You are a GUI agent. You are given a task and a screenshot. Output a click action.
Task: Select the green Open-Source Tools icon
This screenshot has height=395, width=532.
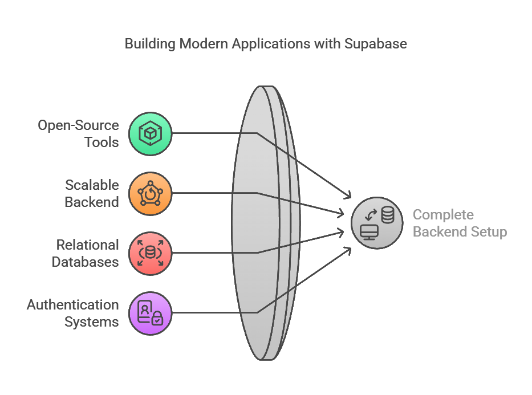151,134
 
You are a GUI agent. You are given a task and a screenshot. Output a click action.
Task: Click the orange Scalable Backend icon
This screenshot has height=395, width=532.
151,194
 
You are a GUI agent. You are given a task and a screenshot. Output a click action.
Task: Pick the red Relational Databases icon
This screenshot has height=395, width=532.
151,253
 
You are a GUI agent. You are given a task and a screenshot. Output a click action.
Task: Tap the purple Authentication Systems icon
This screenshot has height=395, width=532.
151,313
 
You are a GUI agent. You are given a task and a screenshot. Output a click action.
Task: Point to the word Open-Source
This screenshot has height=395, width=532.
79,125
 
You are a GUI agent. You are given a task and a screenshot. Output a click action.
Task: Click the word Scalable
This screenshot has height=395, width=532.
92,185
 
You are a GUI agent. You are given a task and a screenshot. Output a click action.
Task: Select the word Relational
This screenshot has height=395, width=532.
87,245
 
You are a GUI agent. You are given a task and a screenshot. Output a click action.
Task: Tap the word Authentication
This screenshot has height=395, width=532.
73,305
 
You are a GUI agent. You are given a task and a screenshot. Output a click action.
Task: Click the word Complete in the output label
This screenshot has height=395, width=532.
443,215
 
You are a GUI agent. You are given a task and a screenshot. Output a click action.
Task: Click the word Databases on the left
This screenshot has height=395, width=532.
86,262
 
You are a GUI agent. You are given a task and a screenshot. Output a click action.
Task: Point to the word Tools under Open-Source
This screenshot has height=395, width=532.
102,142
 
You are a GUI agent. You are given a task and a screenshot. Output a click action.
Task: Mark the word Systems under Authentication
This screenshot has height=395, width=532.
92,321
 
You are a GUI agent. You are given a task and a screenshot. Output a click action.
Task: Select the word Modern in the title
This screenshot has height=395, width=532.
198,44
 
